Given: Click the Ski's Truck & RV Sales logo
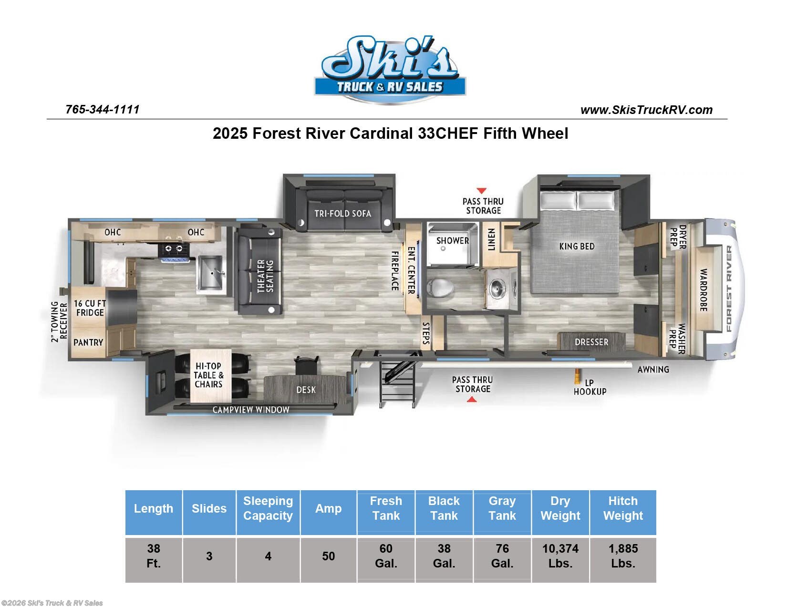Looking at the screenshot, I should click(390, 70).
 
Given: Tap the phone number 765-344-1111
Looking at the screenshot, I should click(103, 109).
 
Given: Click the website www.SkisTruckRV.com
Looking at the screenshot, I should click(646, 110).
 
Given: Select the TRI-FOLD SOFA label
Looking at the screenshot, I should click(342, 214).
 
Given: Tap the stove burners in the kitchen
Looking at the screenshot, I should click(173, 248).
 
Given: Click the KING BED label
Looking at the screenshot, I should click(577, 247).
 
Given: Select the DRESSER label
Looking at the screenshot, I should click(591, 342).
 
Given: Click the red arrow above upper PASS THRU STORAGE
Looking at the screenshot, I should click(482, 191).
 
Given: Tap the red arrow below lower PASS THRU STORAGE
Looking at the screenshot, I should click(472, 400).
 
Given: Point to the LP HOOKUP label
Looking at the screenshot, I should click(590, 387).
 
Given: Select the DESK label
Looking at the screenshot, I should click(306, 390).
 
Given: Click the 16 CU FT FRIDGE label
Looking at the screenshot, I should click(90, 308).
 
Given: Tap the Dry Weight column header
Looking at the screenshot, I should click(560, 508).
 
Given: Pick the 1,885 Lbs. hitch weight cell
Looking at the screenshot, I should click(623, 556).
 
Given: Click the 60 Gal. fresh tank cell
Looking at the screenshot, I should click(386, 556).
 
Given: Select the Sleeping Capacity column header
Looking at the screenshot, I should click(268, 508).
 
